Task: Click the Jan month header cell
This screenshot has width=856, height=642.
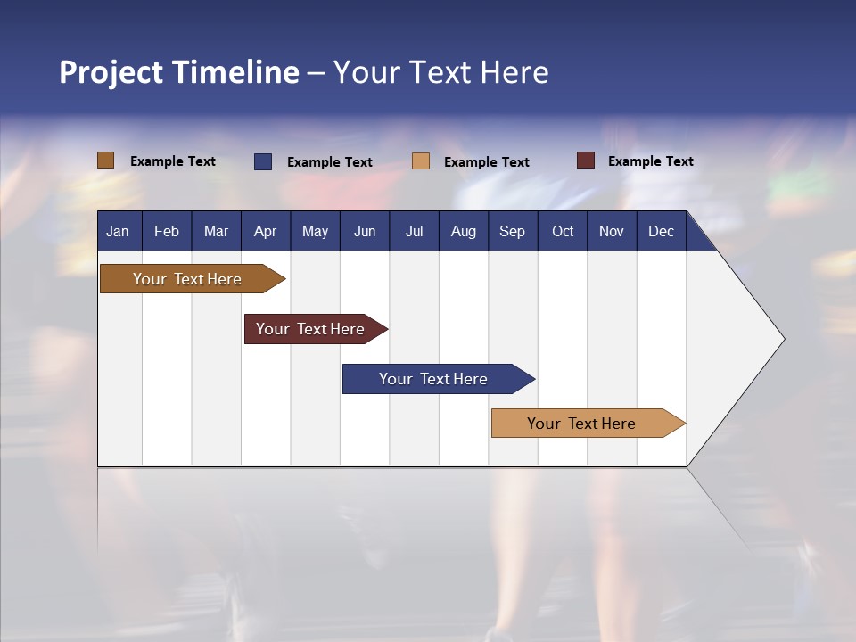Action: pyautogui.click(x=119, y=231)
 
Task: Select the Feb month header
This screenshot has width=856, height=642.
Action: pyautogui.click(x=167, y=231)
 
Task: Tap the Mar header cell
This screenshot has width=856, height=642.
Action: pyautogui.click(x=216, y=231)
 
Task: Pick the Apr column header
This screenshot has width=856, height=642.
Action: pyautogui.click(x=266, y=231)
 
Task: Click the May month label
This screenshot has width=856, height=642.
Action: pyautogui.click(x=315, y=231)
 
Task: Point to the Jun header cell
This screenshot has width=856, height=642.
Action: pyautogui.click(x=365, y=231)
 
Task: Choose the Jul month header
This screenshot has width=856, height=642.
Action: pyautogui.click(x=414, y=231)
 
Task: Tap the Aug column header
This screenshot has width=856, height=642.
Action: pyautogui.click(x=464, y=231)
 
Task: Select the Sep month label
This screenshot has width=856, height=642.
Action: pyautogui.click(x=513, y=231)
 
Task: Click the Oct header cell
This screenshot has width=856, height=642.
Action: pyautogui.click(x=563, y=231)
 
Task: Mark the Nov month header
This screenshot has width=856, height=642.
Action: pyautogui.click(x=612, y=231)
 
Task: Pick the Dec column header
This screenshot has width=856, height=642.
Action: pyautogui.click(x=662, y=231)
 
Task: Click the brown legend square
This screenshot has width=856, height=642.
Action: pyautogui.click(x=105, y=160)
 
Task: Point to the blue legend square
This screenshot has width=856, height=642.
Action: pyautogui.click(x=262, y=161)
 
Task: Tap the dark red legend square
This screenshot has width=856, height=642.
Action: pyautogui.click(x=586, y=160)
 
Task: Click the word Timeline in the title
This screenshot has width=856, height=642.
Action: pyautogui.click(x=235, y=72)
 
